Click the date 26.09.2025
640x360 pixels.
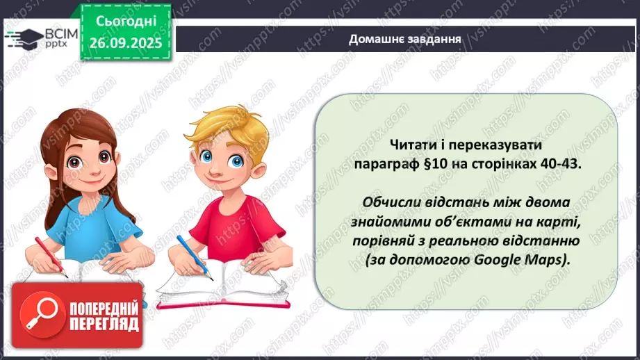pos(125,42)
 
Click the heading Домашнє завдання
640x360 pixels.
pos(405,38)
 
